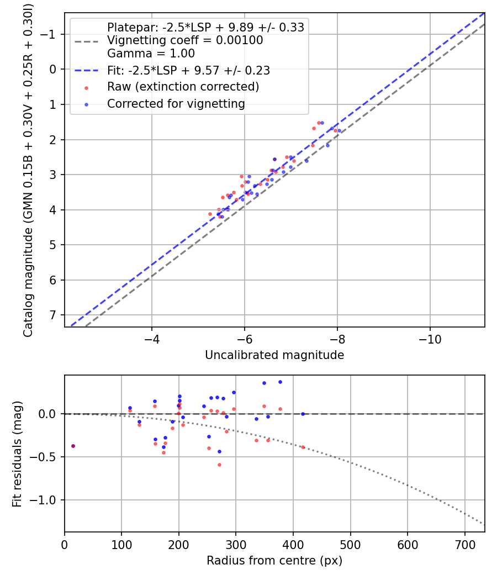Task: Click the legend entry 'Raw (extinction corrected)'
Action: [183, 87]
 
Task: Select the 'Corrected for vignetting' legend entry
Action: [176, 104]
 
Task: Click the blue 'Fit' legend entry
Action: [188, 71]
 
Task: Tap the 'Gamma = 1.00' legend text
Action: [151, 54]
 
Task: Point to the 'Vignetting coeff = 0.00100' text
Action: [185, 40]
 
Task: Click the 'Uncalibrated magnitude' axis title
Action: [274, 355]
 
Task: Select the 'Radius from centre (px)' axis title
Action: [274, 561]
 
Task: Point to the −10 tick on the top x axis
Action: [430, 339]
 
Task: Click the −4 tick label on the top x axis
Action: [152, 339]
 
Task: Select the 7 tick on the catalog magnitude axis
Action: [54, 315]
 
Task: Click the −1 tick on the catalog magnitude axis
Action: [50, 34]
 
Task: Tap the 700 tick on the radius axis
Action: [464, 545]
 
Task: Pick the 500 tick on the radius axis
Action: [350, 545]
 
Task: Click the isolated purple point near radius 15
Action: [73, 446]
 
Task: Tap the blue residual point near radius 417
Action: [303, 414]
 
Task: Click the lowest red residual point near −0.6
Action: [219, 465]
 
